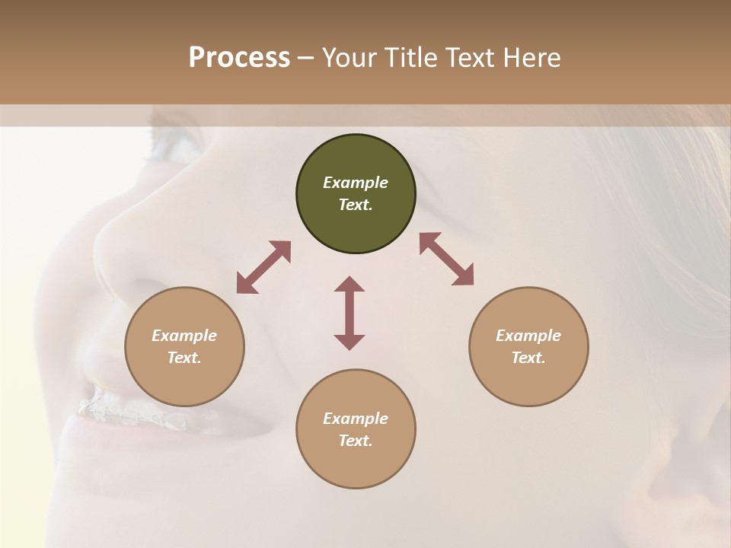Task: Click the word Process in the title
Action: point(239,58)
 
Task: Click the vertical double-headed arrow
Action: point(350,313)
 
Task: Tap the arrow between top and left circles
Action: point(263,267)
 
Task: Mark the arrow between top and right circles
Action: point(446,259)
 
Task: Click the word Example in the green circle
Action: point(356,183)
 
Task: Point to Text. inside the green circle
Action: point(356,205)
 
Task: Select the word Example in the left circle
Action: point(184,336)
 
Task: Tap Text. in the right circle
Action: point(528,358)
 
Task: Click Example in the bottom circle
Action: point(356,419)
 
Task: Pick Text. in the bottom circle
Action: point(356,441)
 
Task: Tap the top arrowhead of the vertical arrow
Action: point(350,283)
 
